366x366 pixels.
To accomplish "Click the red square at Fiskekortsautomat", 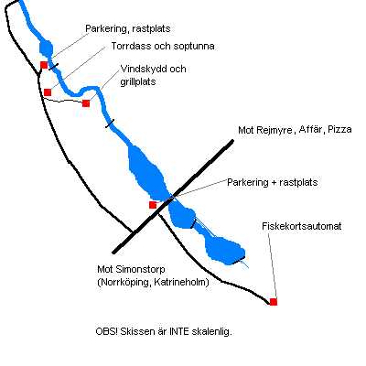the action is click(x=274, y=302).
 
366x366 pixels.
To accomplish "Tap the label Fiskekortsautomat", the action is click(x=302, y=226).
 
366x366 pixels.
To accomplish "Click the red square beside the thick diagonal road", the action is click(x=153, y=205).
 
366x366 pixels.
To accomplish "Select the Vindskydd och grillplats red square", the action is click(x=86, y=103).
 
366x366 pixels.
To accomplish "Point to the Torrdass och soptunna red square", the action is click(x=48, y=92).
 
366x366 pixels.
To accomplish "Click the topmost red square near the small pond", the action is click(x=44, y=65).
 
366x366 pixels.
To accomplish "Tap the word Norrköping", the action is click(x=124, y=283).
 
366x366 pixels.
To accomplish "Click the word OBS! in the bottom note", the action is click(x=107, y=331).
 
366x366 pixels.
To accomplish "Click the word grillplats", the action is click(x=138, y=82).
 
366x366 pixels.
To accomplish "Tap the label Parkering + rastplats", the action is click(x=273, y=183).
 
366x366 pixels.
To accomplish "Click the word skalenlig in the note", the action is click(x=212, y=332).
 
